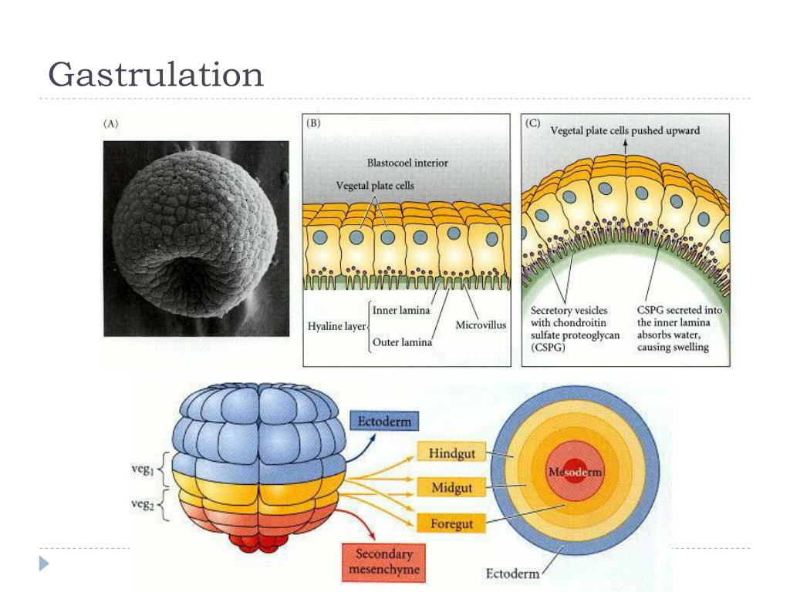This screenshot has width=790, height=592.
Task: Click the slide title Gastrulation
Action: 155,75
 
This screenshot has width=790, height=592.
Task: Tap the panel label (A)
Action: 111,124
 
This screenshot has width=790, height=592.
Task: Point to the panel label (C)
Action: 532,123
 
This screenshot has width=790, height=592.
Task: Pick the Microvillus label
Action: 480,325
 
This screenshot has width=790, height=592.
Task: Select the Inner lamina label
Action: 400,311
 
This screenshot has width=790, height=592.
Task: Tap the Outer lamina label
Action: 401,342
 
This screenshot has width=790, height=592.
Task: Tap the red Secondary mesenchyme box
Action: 383,562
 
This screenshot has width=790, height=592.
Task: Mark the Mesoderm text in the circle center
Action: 574,471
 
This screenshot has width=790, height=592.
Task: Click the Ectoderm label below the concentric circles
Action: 512,574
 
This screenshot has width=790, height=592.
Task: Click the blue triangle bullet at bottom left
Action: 45,563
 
